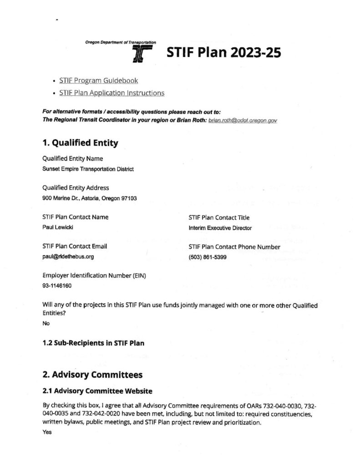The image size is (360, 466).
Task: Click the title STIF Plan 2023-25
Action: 223,54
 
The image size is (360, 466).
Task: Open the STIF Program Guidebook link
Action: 98,81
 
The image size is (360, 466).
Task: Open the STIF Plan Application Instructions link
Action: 112,93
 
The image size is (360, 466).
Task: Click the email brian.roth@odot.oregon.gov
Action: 243,120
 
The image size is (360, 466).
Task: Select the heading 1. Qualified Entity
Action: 80,143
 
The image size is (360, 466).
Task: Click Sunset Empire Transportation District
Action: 88,169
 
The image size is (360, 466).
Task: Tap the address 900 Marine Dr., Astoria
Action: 89,198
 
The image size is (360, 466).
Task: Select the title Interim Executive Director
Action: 220,228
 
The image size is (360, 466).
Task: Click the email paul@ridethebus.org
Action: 68,257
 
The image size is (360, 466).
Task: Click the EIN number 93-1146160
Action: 57,286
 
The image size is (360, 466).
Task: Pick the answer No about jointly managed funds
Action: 46,323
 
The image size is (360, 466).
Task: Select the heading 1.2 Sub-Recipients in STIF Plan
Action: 93,343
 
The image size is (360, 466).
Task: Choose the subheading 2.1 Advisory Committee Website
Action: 97,390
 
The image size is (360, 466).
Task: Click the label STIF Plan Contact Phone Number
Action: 234,247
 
